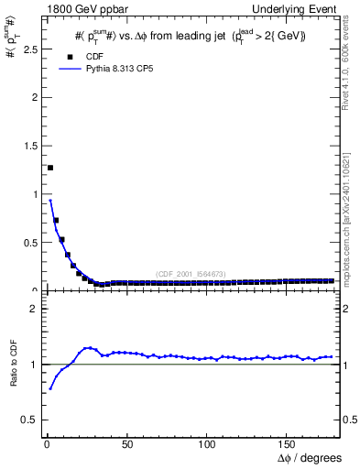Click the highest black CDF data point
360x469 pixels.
click(50, 168)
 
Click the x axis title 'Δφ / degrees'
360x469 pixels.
click(309, 457)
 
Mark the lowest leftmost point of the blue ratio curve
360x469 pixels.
click(50, 388)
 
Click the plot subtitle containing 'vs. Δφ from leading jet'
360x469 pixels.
click(190, 36)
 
